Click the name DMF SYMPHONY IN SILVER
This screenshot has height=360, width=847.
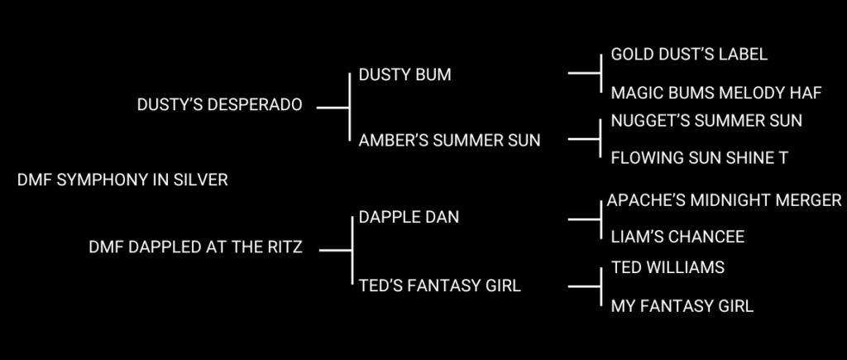click(x=122, y=180)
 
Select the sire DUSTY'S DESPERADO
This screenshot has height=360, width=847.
click(x=219, y=106)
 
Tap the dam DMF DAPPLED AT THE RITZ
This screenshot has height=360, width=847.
click(x=195, y=247)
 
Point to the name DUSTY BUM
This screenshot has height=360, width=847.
click(x=404, y=74)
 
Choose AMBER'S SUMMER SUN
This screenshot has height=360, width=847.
click(x=449, y=140)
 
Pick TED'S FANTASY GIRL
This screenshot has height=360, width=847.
click(x=440, y=286)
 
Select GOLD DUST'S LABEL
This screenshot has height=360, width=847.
click(x=689, y=55)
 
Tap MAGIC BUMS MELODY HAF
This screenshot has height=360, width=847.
click(x=715, y=92)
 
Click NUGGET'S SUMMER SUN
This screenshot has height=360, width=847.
click(x=706, y=121)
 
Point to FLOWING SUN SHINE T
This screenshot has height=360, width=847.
click(x=699, y=157)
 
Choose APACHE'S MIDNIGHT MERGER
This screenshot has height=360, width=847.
click(x=724, y=200)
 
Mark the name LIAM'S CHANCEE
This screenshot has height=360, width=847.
click(x=677, y=237)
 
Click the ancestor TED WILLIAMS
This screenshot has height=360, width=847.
click(x=668, y=267)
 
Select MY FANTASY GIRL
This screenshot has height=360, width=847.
click(x=682, y=306)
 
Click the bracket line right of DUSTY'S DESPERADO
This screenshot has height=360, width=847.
click(x=333, y=107)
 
